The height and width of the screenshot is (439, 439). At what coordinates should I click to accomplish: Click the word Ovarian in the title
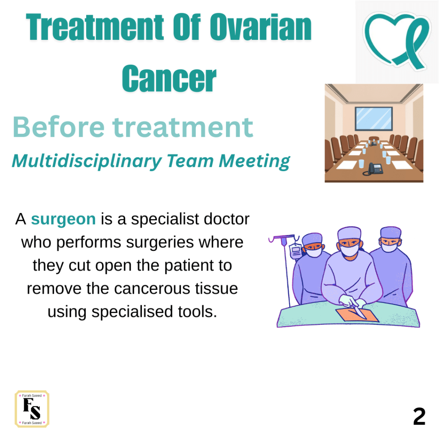(261, 27)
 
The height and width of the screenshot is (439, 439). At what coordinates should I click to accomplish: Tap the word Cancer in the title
(169, 78)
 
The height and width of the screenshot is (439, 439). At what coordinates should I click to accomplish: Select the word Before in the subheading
(59, 127)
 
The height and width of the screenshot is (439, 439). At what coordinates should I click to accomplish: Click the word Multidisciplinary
(87, 162)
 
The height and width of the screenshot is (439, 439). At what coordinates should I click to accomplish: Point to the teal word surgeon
(63, 219)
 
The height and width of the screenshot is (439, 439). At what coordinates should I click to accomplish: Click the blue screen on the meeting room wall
(374, 119)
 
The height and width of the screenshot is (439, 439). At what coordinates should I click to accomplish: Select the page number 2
(419, 416)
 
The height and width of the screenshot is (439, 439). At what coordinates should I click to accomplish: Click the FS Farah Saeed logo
(32, 409)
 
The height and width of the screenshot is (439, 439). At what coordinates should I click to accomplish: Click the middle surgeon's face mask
(349, 250)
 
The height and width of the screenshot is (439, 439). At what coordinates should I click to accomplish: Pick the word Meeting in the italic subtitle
(254, 162)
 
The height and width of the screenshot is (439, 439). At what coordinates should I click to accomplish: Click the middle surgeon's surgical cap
(349, 233)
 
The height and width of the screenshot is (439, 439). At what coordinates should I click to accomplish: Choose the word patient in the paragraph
(189, 266)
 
